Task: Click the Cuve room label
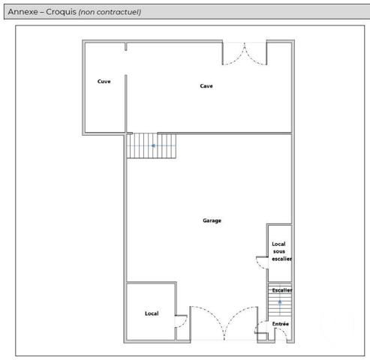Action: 104,82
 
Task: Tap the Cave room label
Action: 206,86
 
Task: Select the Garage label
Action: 212,220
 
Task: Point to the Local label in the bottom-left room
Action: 152,313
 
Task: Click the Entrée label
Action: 281,324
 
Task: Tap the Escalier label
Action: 281,289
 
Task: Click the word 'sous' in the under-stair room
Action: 279,251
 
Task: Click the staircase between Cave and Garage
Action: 153,145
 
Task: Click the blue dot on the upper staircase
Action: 153,145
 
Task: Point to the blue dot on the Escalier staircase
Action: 280,302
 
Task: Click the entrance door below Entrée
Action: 263,332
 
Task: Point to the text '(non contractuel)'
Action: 110,12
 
